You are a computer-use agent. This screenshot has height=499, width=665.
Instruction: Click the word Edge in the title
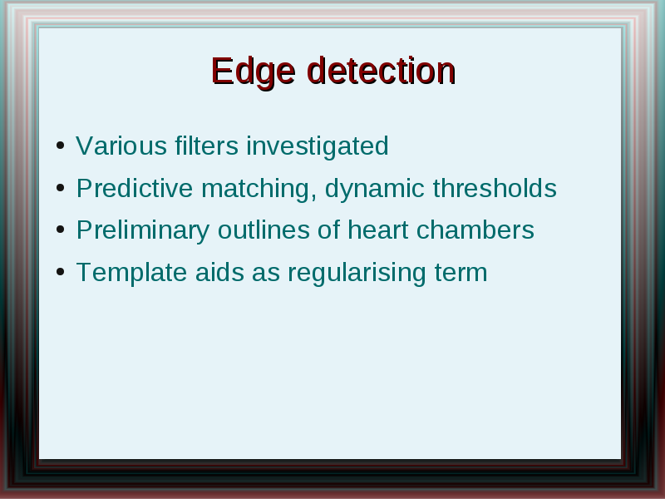click(x=254, y=72)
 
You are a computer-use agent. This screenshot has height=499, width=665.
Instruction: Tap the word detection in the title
click(x=382, y=71)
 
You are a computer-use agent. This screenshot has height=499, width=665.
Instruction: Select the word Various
click(x=121, y=146)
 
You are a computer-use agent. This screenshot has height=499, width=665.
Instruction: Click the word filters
click(x=206, y=146)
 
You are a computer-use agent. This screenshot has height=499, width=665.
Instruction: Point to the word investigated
click(x=318, y=147)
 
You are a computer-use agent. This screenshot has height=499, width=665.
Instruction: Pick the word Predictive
click(x=135, y=188)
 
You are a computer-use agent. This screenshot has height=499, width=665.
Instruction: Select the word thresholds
click(x=495, y=188)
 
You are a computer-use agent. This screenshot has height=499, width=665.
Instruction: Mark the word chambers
click(x=475, y=230)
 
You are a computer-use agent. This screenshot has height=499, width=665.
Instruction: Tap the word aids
click(x=219, y=272)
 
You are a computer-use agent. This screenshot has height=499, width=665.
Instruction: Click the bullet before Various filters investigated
click(x=60, y=146)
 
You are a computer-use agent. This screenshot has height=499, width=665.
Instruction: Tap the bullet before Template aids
click(x=60, y=272)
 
